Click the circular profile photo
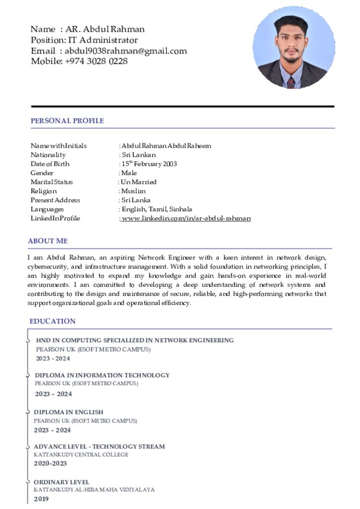pyautogui.click(x=293, y=48)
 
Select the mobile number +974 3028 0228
pyautogui.click(x=96, y=61)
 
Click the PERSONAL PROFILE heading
pyautogui.click(x=67, y=121)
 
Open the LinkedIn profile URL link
pyautogui.click(x=186, y=218)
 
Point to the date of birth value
pyautogui.click(x=149, y=164)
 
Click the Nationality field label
pyautogui.click(x=48, y=155)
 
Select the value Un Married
pyautogui.click(x=139, y=182)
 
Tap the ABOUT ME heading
pyautogui.click(x=48, y=241)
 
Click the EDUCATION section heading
pyautogui.click(x=52, y=321)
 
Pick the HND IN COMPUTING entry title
pyautogui.click(x=135, y=340)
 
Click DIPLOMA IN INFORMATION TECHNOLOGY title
pyautogui.click(x=102, y=375)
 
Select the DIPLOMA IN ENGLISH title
pyautogui.click(x=69, y=412)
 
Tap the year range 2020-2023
pyautogui.click(x=50, y=463)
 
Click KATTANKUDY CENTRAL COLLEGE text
pyautogui.click(x=81, y=455)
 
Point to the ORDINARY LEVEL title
pyautogui.click(x=62, y=482)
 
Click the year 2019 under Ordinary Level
pyautogui.click(x=41, y=499)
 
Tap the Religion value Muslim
pyautogui.click(x=134, y=191)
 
